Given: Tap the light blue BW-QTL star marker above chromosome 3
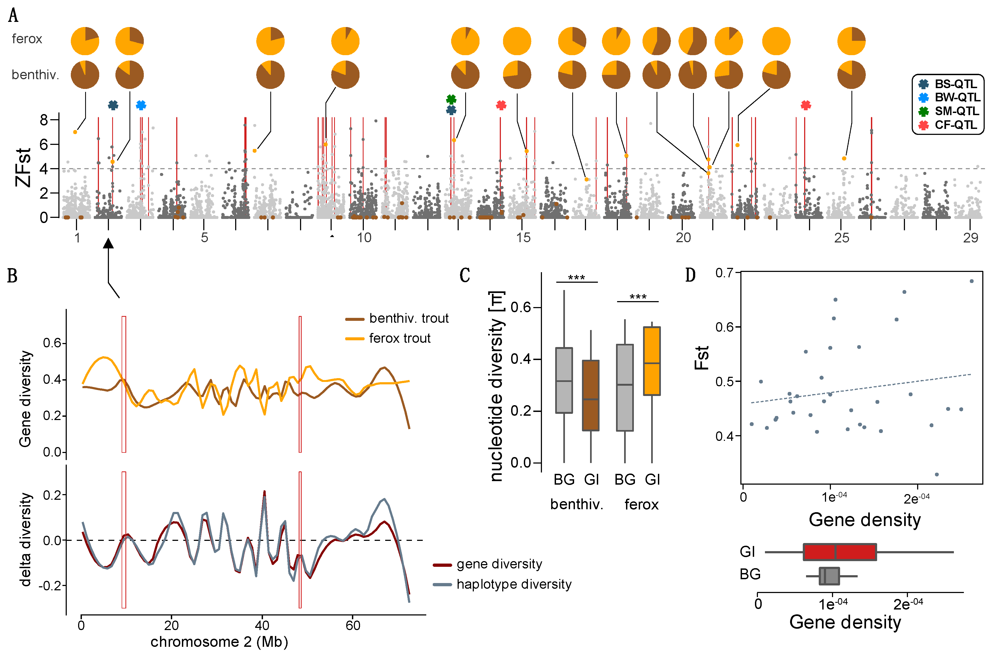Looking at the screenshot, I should [141, 105].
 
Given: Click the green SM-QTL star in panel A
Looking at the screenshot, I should [451, 99].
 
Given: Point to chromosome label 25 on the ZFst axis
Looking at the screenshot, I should [841, 238].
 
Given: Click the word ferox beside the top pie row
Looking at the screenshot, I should [27, 39].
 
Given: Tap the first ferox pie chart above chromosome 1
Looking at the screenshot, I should [85, 41].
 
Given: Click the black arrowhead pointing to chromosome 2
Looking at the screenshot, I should [108, 243].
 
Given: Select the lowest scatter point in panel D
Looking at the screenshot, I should [937, 474].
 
